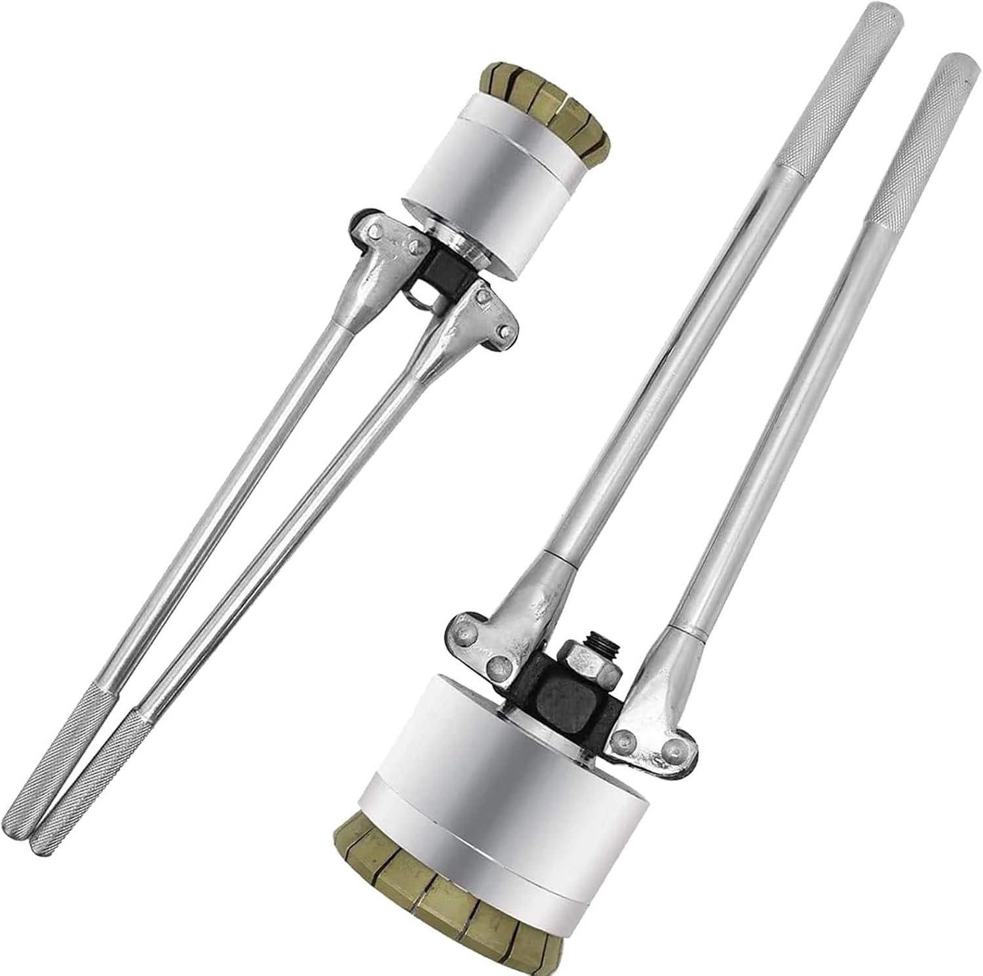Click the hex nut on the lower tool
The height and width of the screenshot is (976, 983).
588,668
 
